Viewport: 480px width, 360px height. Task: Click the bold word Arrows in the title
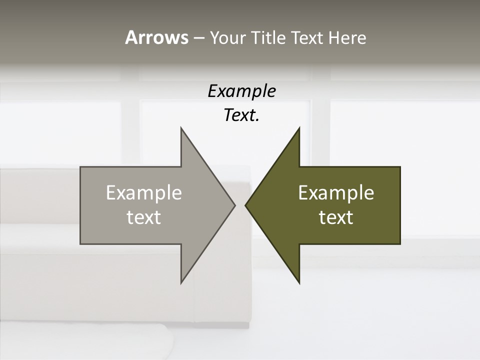click(156, 37)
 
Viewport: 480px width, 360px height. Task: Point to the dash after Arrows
click(198, 38)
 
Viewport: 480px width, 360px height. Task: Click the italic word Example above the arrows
click(241, 91)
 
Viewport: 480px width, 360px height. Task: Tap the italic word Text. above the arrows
click(241, 115)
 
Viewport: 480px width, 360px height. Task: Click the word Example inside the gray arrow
click(144, 193)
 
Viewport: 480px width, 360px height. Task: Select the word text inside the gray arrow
click(144, 217)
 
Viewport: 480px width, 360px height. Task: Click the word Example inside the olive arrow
click(336, 193)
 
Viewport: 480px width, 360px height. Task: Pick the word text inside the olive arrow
click(336, 217)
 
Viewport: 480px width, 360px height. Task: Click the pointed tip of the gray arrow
click(235, 205)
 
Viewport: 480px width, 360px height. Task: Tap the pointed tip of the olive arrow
click(245, 205)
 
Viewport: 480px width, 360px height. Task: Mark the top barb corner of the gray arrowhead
click(181, 127)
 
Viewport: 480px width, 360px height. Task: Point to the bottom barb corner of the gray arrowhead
click(181, 283)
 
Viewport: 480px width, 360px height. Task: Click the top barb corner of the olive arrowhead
click(299, 127)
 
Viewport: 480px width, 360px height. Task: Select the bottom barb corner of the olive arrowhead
click(299, 283)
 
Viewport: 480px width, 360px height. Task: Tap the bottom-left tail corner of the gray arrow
click(80, 244)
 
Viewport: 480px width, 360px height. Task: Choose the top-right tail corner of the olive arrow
click(400, 167)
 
